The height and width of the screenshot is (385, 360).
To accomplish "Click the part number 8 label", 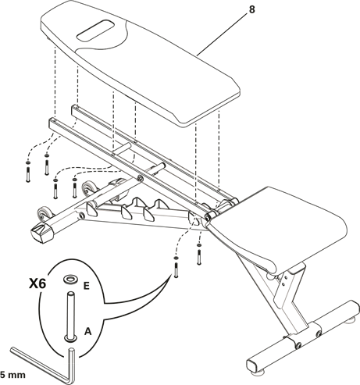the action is coord(252,10).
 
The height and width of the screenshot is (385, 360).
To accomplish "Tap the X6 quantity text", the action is coord(37,284).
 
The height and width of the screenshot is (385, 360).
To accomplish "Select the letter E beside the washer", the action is coord(86,286).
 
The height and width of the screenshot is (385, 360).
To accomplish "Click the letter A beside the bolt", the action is coord(88,331).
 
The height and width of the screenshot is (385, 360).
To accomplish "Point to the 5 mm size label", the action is coord(12,375).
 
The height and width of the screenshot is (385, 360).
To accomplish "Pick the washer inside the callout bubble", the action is coord(71,280).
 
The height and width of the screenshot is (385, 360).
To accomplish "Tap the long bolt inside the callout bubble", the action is coord(71,315).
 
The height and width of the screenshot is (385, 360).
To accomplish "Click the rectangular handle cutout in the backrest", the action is coord(95,30).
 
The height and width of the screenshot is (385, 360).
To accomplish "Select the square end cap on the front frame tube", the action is coord(42,233).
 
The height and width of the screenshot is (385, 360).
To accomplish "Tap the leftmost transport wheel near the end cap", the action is coord(44,213).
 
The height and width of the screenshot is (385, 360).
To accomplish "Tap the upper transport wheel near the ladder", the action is coord(88,188).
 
